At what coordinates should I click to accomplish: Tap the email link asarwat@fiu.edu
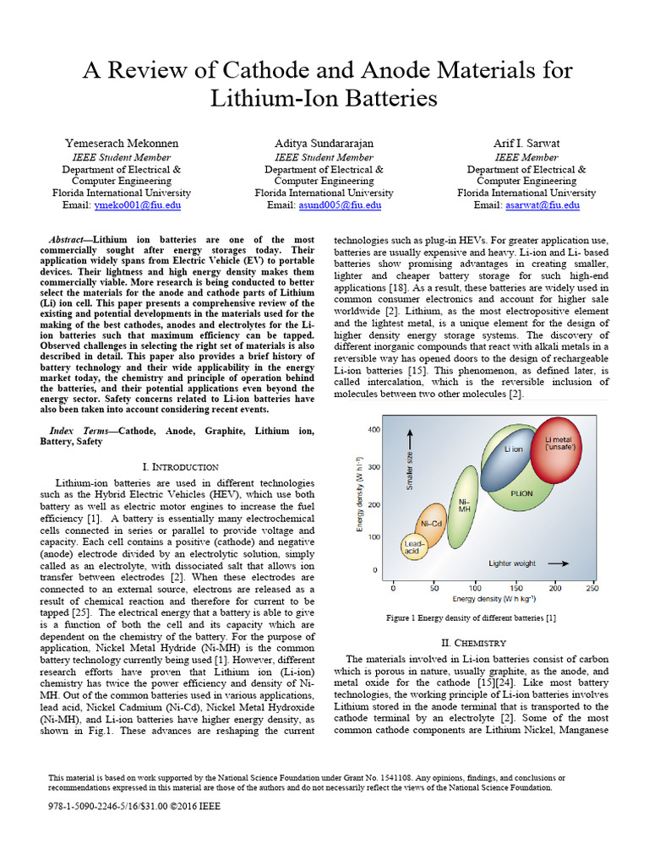pos(542,205)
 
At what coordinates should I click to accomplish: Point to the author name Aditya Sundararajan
pos(324,144)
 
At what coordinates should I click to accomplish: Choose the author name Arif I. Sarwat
pos(526,144)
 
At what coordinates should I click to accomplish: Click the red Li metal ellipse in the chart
pos(557,448)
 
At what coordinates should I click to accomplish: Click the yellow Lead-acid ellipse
pos(413,547)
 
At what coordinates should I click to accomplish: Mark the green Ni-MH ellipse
pos(463,506)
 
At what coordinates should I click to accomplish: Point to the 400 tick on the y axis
pos(373,430)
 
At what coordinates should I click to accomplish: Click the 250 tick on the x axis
pos(592,588)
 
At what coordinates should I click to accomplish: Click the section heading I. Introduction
pos(181,466)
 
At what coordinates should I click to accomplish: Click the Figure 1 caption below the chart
pos(471,617)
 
